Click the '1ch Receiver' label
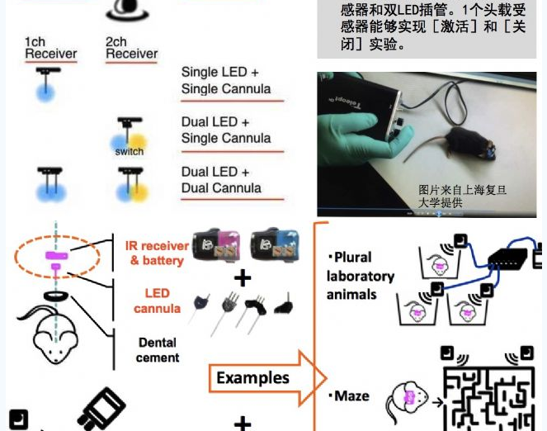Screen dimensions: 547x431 tap(51, 48)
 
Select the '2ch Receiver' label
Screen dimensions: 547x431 tap(131, 48)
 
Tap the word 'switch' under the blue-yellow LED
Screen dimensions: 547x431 tap(130, 152)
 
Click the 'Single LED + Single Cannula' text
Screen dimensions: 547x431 tap(226, 81)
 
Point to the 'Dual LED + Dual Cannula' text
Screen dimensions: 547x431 tap(221, 180)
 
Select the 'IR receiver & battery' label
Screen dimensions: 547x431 tap(157, 253)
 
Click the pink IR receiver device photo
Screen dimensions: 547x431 tap(216, 245)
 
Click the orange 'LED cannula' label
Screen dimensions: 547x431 tap(157, 301)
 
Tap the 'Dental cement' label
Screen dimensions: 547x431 tap(158, 350)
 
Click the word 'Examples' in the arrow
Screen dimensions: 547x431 tap(253, 378)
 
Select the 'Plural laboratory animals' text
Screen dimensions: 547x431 tap(360, 276)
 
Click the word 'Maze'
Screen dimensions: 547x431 tap(351, 396)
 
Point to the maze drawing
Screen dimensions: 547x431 tap(489, 398)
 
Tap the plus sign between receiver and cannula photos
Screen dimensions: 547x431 tap(243, 278)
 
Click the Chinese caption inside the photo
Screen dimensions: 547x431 tap(462, 197)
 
